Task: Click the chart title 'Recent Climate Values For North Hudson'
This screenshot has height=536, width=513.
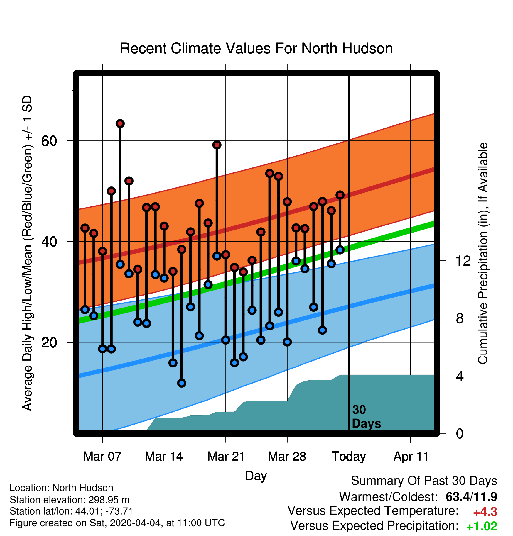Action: point(256,48)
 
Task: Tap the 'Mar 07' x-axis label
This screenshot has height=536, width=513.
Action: point(102,457)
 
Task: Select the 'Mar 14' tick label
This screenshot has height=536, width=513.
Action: point(164,457)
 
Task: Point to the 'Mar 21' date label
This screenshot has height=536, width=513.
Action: point(226,457)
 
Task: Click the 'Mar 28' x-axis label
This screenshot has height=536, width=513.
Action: point(287,457)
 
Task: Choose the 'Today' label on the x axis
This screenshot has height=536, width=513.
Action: point(349,457)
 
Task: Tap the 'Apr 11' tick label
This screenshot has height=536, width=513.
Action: point(411,457)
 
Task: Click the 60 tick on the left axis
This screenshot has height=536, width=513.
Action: point(49,141)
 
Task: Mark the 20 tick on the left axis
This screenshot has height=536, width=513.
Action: point(49,342)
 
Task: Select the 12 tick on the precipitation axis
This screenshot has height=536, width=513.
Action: point(463,261)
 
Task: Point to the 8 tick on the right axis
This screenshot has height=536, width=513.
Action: point(460,318)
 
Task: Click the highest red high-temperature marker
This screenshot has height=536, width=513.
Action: point(120,123)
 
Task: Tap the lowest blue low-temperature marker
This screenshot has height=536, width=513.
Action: point(182,383)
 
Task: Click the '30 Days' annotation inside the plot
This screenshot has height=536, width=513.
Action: point(366,417)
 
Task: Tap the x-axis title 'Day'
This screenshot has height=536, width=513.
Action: point(256,476)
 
